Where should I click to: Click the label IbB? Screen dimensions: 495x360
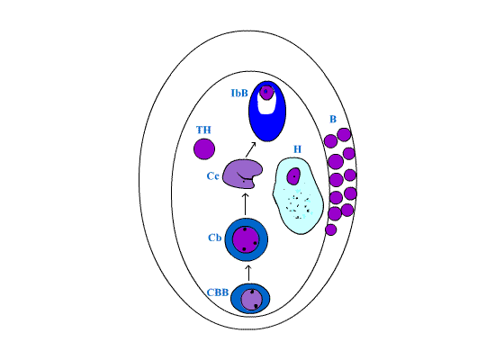point(239,94)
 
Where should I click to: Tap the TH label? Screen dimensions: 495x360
point(203,130)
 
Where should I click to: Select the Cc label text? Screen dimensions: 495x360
point(212,175)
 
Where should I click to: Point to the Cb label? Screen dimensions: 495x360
point(215,238)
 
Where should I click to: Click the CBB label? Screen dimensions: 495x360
point(218,292)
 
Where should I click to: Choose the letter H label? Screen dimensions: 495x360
point(297,149)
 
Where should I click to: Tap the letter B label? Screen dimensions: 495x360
point(333,119)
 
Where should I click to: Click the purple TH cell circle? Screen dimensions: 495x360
point(204,148)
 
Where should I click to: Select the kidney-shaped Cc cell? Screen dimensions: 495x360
point(242,174)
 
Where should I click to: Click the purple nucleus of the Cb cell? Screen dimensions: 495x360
point(246,239)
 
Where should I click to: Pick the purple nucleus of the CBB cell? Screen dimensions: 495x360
point(252,300)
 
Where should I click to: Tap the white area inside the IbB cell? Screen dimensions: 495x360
point(265,104)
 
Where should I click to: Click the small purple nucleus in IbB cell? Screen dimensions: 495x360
point(266,92)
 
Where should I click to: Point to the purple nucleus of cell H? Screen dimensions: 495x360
point(293,175)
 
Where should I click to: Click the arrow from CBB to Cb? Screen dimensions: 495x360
point(248,274)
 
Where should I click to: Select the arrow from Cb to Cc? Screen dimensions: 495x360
point(246,204)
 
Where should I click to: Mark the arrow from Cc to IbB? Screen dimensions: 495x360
point(250,149)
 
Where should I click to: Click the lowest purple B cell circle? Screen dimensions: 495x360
point(331,229)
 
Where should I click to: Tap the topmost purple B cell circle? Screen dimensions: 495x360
point(344,135)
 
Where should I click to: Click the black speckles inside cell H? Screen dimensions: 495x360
point(297,204)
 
